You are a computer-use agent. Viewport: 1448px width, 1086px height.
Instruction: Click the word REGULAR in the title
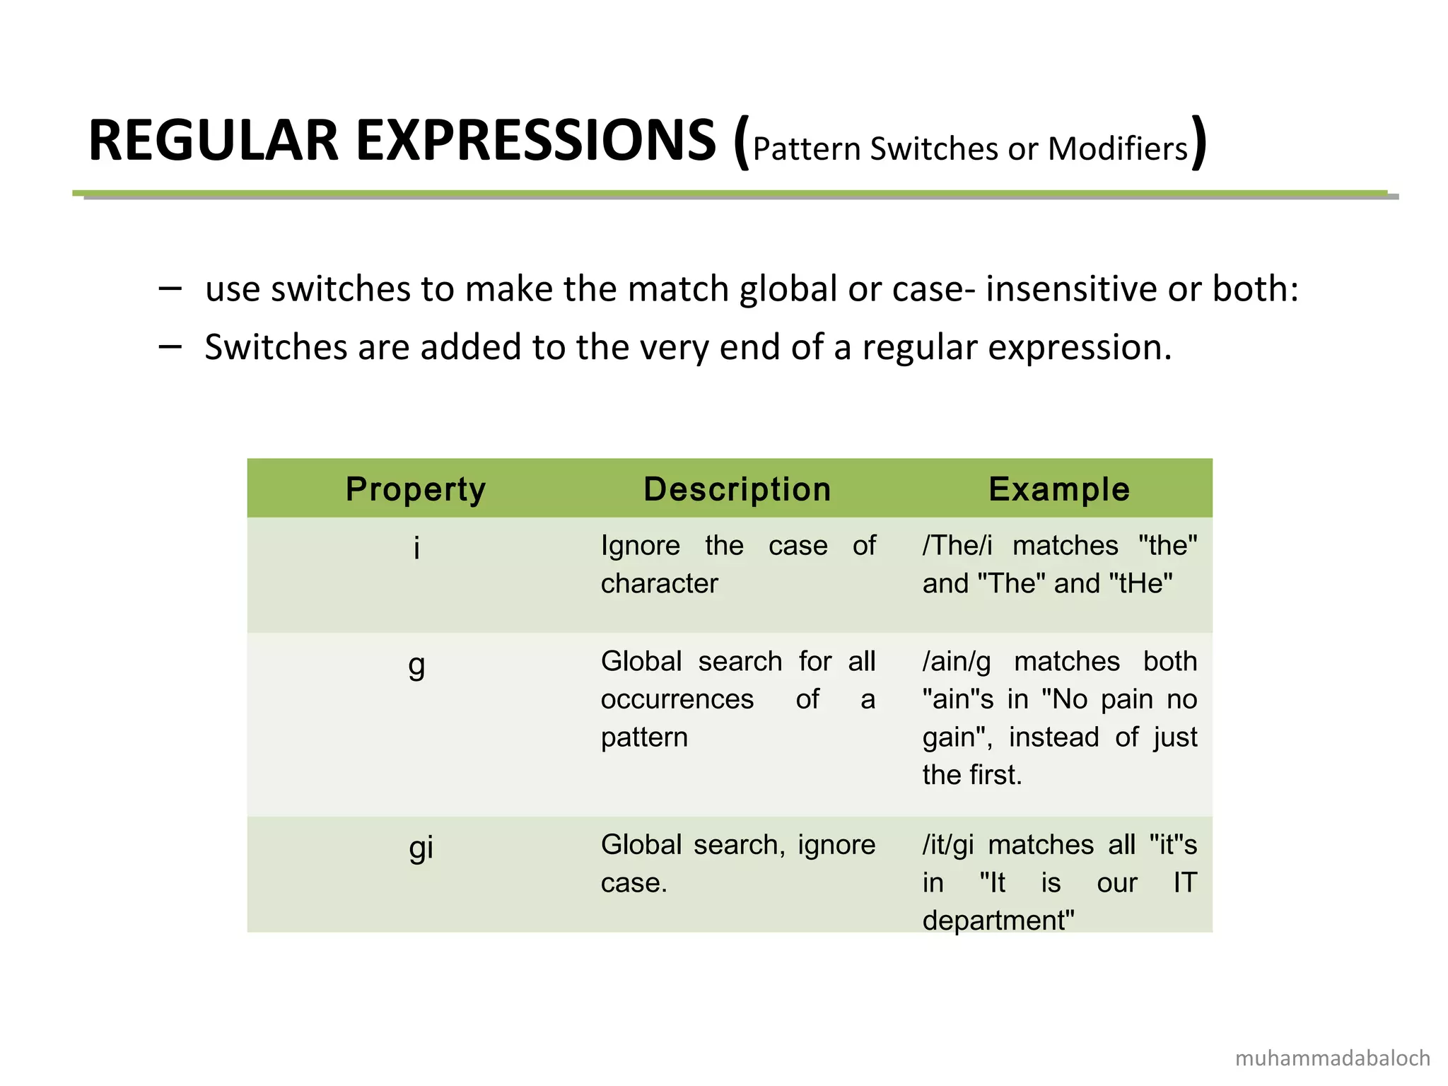(x=212, y=141)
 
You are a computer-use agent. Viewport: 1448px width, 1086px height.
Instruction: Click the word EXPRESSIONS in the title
(x=536, y=141)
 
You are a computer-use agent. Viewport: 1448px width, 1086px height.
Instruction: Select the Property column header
(x=416, y=489)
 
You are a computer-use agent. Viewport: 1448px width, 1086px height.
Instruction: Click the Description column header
(x=737, y=489)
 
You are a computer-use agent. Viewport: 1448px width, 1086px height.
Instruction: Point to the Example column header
(x=1059, y=489)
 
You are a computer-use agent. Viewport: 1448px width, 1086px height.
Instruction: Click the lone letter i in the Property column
(x=417, y=547)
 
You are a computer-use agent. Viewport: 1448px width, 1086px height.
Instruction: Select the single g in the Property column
(x=417, y=665)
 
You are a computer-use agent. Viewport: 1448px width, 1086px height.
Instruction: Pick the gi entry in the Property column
(x=421, y=847)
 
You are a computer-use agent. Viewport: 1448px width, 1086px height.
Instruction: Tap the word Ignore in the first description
(x=641, y=546)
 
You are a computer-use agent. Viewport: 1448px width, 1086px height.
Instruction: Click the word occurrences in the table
(x=677, y=699)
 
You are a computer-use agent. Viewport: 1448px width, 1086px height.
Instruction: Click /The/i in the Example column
(x=957, y=546)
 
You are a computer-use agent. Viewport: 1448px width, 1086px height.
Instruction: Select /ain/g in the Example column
(x=957, y=662)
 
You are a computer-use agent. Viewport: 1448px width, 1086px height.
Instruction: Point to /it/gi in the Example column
(x=948, y=845)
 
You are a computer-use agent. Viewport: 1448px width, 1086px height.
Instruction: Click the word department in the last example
(x=998, y=921)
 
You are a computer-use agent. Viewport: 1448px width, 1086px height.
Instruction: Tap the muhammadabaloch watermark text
(x=1333, y=1058)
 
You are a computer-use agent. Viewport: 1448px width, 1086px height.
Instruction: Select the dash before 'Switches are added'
(x=170, y=346)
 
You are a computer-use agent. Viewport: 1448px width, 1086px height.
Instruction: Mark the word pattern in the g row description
(x=644, y=737)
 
